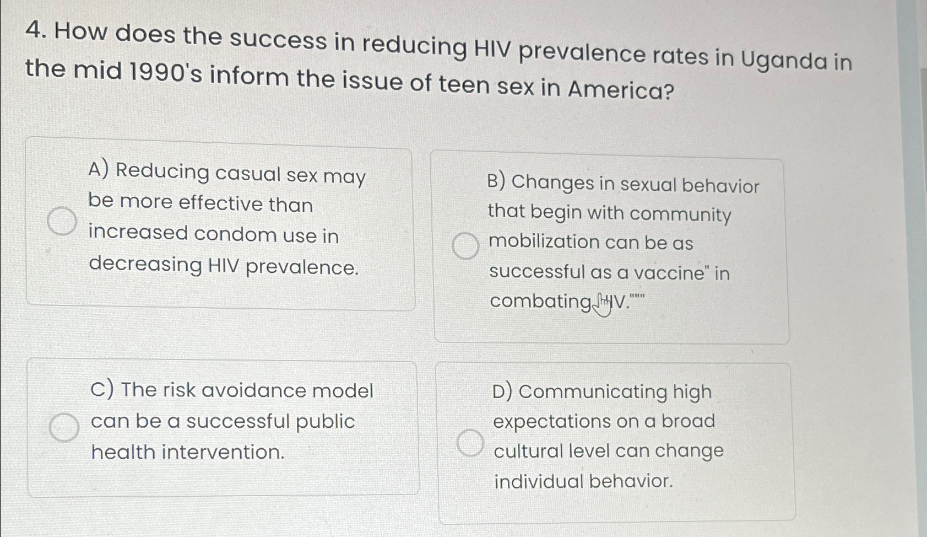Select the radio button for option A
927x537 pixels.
pos(62,221)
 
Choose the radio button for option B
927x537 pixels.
pos(465,246)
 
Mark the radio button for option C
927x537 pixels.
pos(64,427)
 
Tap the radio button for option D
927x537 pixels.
pos(470,443)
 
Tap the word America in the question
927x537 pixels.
pos(620,89)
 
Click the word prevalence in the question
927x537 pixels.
pos(582,54)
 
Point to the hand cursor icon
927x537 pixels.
pos(602,304)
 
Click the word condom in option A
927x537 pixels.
pos(235,234)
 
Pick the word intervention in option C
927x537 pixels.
pos(223,452)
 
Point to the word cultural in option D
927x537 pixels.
pos(528,451)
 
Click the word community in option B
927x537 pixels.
pos(680,215)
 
